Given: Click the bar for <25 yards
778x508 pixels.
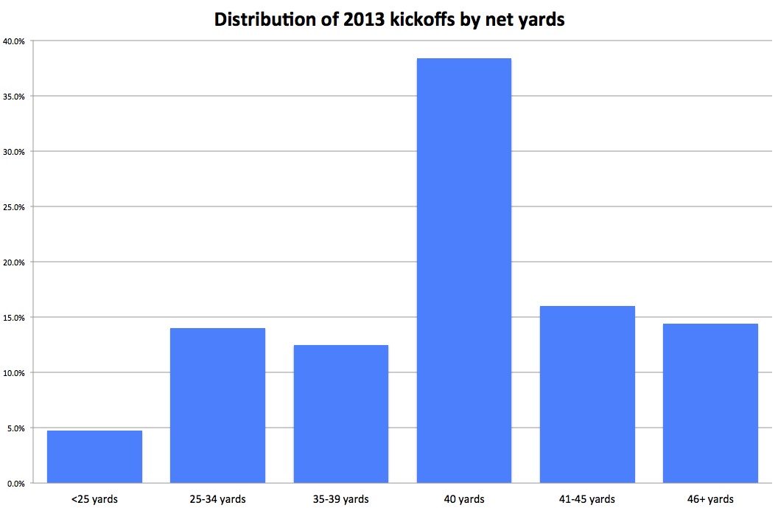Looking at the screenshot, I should [x=94, y=456].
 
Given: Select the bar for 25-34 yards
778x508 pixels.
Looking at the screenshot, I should [x=217, y=406].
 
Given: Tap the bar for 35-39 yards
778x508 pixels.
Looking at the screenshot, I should [x=340, y=414].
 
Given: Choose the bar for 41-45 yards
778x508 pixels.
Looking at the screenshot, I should [x=587, y=394].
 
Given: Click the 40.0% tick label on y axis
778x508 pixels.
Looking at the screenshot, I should [x=14, y=41].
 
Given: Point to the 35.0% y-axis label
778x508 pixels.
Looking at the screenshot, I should [x=14, y=97].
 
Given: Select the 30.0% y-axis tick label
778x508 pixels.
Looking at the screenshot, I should [x=14, y=152].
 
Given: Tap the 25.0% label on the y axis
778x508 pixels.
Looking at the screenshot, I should [x=14, y=207].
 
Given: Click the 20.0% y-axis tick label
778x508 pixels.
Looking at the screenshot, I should [x=14, y=262].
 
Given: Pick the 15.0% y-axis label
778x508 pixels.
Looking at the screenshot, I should [x=14, y=318].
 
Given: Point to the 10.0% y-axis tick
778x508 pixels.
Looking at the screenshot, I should [x=14, y=373].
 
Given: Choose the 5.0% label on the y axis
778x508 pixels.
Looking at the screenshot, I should [x=15, y=428].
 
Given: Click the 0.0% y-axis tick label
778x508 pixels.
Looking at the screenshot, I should [x=15, y=484].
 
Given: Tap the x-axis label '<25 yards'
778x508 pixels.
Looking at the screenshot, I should [x=94, y=499].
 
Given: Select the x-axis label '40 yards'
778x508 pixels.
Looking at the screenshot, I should [x=463, y=499].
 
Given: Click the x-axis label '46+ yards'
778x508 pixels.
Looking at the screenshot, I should [x=710, y=499].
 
